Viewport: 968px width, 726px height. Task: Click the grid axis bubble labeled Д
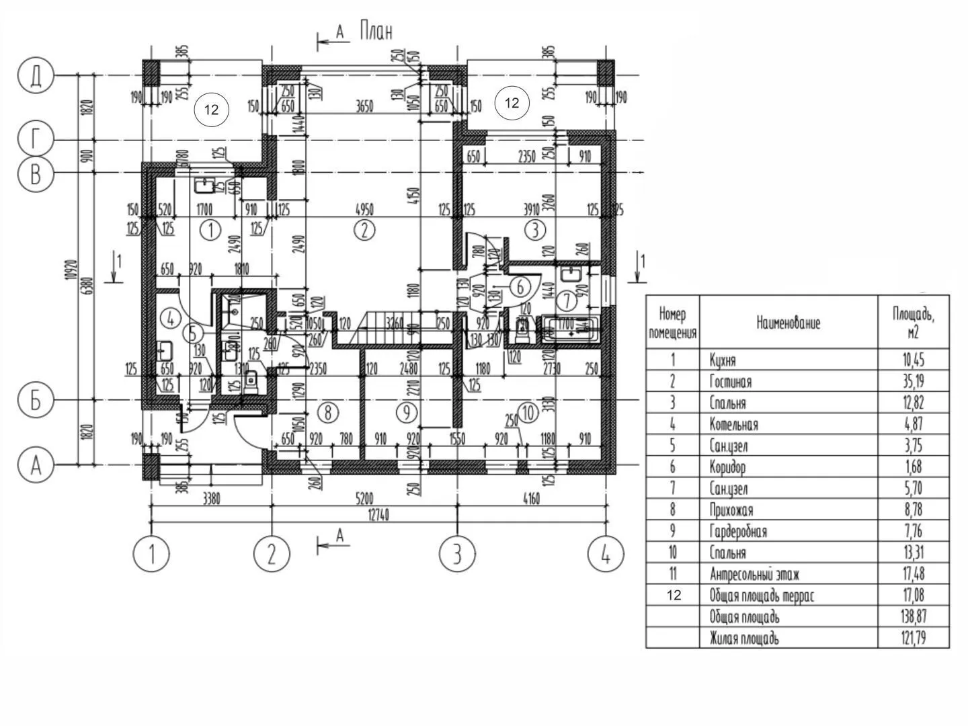[x=36, y=75]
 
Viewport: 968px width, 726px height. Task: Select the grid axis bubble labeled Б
[x=36, y=400]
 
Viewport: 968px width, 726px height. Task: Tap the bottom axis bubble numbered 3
[x=457, y=555]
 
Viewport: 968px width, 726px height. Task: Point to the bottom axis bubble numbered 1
[x=151, y=555]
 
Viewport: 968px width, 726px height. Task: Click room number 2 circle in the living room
[x=364, y=230]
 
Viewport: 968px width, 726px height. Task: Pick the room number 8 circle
[x=327, y=411]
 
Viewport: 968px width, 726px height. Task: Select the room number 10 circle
[x=528, y=412]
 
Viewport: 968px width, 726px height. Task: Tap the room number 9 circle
[x=407, y=411]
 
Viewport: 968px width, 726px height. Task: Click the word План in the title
[x=376, y=31]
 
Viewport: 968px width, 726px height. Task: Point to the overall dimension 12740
[x=378, y=515]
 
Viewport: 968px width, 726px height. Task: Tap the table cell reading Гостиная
[x=731, y=382]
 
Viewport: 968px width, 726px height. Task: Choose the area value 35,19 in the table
[x=913, y=381]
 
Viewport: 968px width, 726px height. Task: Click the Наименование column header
[x=788, y=323]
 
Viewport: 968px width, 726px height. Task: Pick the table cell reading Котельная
[x=733, y=424]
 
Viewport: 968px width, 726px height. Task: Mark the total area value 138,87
[x=913, y=616]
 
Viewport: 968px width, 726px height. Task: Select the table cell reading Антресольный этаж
[x=754, y=574]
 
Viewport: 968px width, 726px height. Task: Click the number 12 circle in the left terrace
[x=211, y=110]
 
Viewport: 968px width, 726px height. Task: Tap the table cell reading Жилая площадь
[x=744, y=638]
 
